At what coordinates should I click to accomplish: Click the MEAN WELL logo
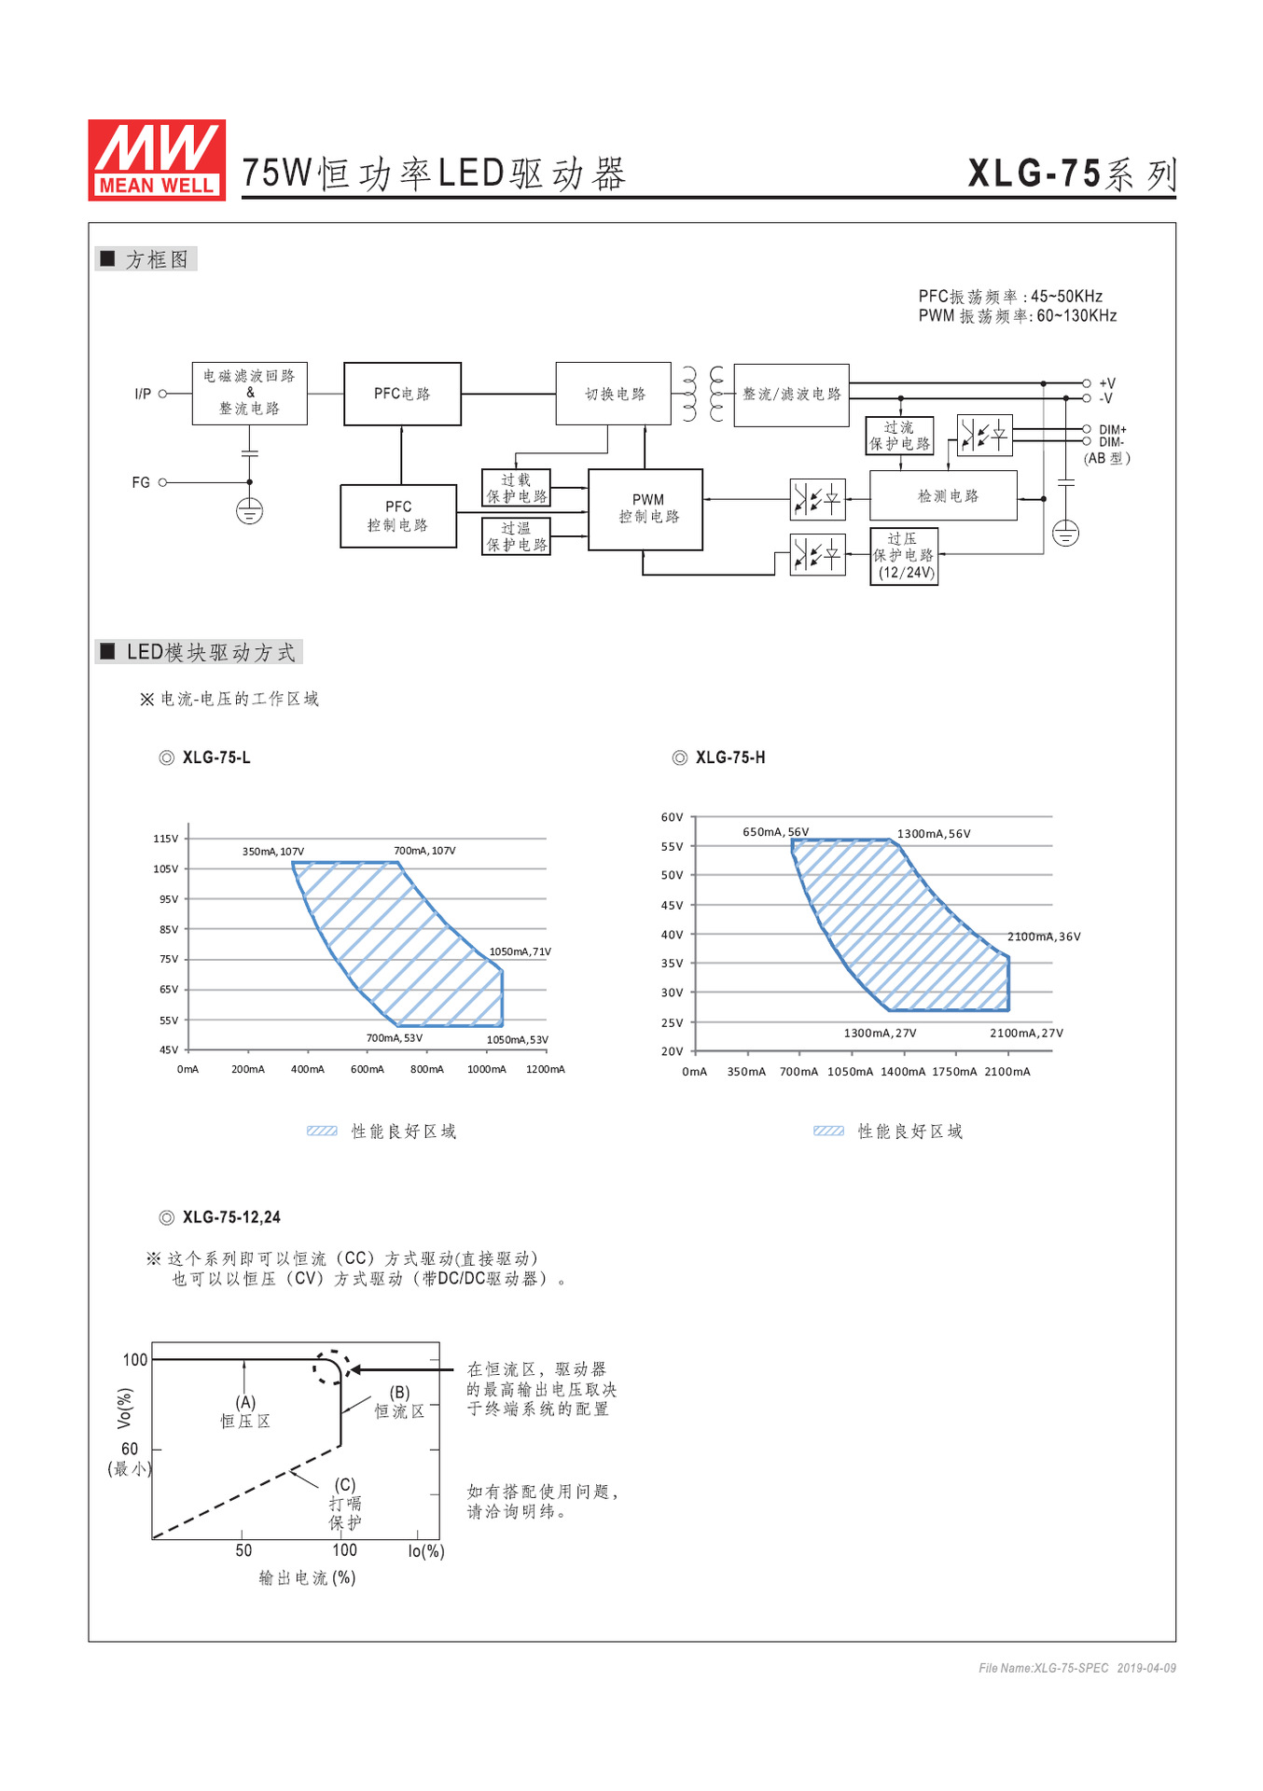tap(157, 160)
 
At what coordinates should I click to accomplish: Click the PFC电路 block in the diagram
tap(402, 394)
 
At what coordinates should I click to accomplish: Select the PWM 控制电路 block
tap(645, 509)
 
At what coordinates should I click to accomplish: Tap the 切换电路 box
tap(614, 394)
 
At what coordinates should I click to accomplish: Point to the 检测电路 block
tap(943, 495)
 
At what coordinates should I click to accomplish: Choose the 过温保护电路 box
tap(516, 536)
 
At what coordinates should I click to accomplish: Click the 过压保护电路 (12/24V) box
tap(904, 556)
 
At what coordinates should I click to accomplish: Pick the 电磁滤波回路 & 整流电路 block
tap(249, 393)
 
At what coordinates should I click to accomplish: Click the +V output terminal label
tap(1107, 383)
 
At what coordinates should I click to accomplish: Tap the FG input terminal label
tap(141, 482)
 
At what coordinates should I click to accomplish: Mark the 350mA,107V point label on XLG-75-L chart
tap(273, 852)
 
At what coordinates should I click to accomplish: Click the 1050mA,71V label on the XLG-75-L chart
tap(520, 951)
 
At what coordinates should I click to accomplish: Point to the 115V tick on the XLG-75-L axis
tap(166, 839)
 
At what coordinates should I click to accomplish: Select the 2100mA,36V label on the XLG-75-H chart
tap(1044, 937)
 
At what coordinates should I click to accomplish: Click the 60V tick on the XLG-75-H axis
tap(673, 817)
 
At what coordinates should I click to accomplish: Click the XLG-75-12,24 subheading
tap(231, 1217)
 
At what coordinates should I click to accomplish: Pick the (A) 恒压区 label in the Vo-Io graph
tap(245, 1411)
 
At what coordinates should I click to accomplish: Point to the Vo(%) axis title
tap(124, 1409)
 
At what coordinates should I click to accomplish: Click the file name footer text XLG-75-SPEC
tap(1044, 1668)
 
